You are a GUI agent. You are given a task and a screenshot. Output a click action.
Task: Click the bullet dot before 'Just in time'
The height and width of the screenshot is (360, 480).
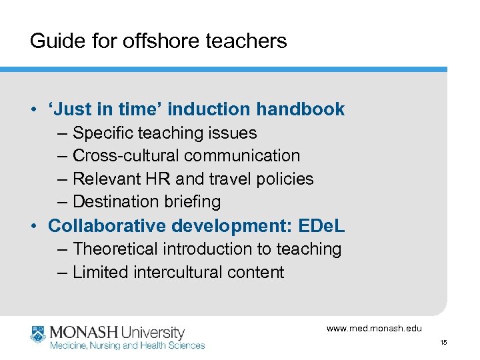click(x=34, y=110)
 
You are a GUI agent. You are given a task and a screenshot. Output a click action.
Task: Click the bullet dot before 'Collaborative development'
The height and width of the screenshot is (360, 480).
click(x=34, y=226)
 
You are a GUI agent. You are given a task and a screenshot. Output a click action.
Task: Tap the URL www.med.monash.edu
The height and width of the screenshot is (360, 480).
click(x=374, y=328)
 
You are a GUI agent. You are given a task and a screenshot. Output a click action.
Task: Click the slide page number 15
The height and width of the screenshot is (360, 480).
click(x=443, y=342)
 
